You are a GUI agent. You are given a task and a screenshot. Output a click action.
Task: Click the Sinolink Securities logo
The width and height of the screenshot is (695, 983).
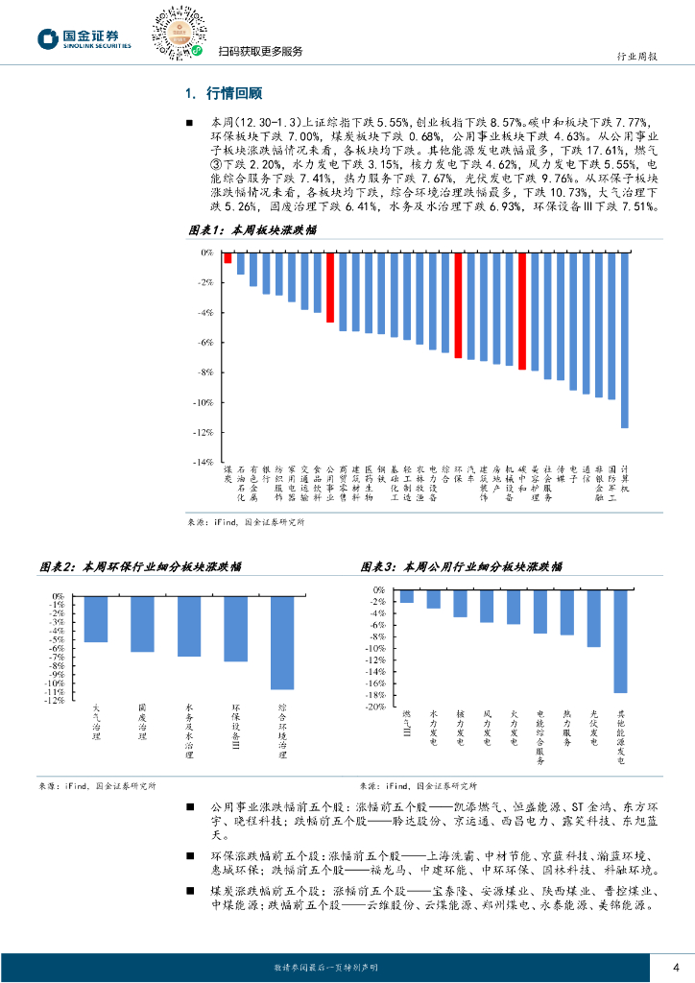(x=84, y=38)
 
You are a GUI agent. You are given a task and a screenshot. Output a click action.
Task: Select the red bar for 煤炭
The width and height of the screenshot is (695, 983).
(x=228, y=257)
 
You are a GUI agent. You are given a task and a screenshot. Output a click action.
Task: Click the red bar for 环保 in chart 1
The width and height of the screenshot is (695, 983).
(x=457, y=305)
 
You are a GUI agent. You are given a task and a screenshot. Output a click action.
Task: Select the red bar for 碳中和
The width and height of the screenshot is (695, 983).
(x=521, y=311)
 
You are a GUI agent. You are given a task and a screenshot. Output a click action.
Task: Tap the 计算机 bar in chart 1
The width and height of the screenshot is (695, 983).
(x=624, y=340)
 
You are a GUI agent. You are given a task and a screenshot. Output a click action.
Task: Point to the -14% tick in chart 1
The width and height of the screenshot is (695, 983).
(x=204, y=463)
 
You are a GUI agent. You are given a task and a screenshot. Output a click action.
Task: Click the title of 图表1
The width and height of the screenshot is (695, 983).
(x=252, y=232)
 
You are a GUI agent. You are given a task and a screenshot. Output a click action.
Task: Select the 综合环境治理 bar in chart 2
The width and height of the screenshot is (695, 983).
(x=281, y=642)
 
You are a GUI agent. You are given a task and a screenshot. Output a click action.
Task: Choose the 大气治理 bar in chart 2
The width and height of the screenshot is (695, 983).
(x=96, y=619)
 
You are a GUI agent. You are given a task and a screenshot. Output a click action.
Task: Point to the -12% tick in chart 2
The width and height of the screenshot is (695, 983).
(x=57, y=700)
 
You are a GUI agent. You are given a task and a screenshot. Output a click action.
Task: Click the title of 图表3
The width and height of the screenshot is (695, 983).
(x=462, y=567)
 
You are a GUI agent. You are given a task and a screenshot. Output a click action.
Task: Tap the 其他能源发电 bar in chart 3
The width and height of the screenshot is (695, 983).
(x=620, y=641)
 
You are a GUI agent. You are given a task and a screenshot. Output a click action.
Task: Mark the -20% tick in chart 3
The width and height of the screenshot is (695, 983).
(x=375, y=707)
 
